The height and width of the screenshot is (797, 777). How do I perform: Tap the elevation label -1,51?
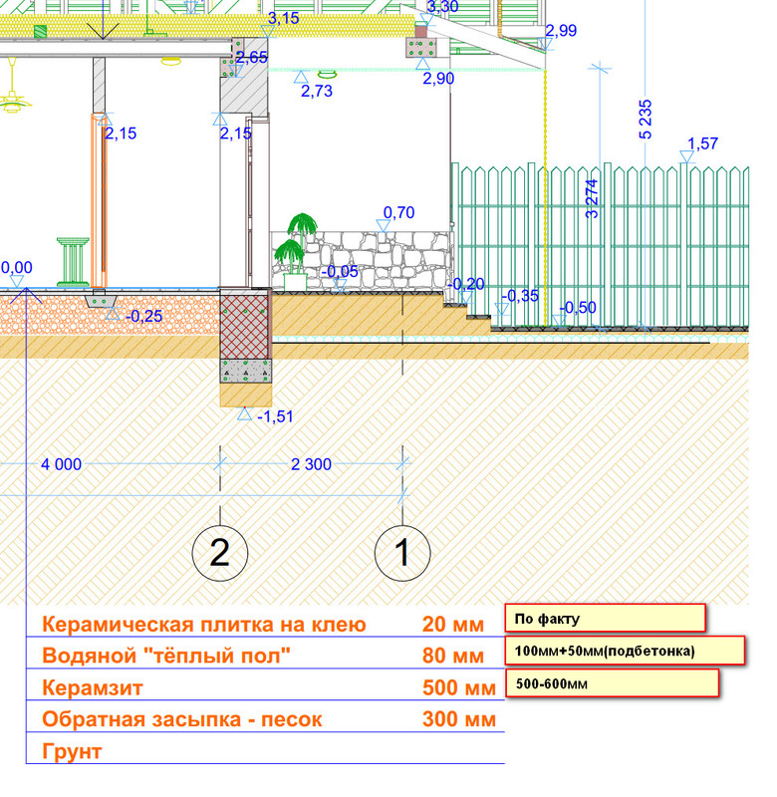(x=277, y=415)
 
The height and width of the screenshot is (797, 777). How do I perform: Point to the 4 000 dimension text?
(x=61, y=464)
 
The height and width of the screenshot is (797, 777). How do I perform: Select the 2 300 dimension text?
(x=311, y=464)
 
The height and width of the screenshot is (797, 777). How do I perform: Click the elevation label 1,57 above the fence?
(x=702, y=144)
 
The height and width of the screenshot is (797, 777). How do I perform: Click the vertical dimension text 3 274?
(x=592, y=198)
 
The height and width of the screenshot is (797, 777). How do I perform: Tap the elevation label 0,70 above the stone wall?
(x=397, y=212)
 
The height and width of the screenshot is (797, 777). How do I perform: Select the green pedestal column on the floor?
(x=72, y=261)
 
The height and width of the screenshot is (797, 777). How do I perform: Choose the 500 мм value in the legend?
(x=458, y=688)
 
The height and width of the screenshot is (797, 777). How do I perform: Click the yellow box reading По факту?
(x=605, y=618)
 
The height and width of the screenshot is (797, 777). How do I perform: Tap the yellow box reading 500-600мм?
(x=613, y=683)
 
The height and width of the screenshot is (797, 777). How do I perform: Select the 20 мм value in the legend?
(x=452, y=625)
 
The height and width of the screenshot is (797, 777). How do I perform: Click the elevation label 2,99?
(x=561, y=31)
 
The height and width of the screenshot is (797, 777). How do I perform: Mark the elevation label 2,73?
(x=316, y=91)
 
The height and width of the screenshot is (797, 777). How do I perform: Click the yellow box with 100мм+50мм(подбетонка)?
(x=626, y=651)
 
